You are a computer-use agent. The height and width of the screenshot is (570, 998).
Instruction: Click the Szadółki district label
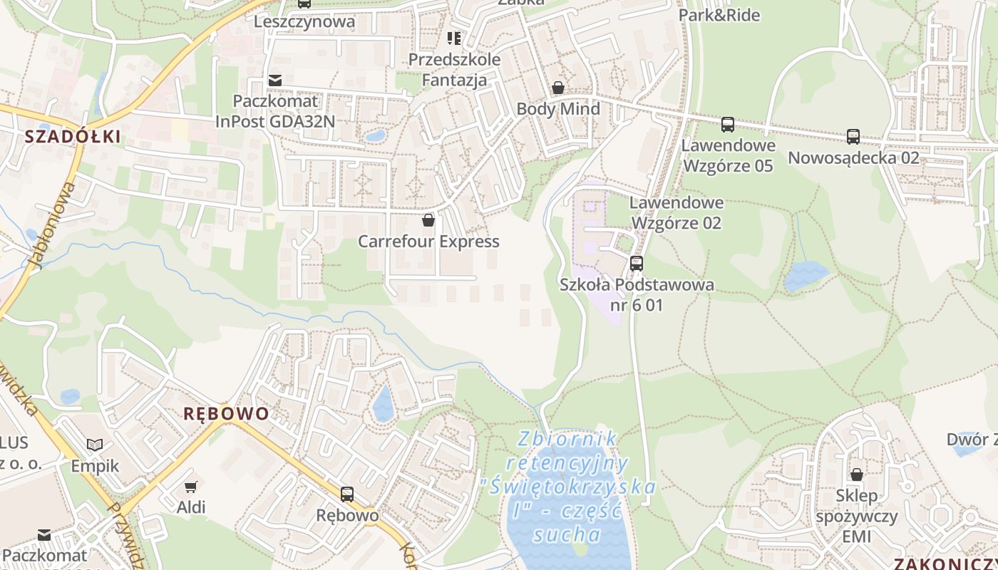click(73, 137)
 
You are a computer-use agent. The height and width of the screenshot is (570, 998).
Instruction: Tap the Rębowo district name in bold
click(227, 414)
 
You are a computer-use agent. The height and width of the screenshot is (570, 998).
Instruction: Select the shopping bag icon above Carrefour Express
click(428, 220)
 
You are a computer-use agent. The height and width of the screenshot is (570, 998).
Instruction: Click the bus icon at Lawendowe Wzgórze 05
click(727, 125)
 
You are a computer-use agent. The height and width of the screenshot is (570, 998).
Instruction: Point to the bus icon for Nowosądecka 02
click(853, 137)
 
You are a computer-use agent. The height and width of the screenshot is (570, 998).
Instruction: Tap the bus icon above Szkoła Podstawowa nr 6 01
click(637, 264)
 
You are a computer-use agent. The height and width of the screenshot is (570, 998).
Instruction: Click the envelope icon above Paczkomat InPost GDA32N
click(275, 81)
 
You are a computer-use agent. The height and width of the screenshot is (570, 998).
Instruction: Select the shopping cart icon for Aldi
click(190, 487)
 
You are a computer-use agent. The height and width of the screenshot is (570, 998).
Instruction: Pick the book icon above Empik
click(95, 445)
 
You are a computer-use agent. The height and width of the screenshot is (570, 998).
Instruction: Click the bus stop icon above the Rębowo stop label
click(347, 494)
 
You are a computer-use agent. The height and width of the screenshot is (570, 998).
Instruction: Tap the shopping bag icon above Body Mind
click(558, 88)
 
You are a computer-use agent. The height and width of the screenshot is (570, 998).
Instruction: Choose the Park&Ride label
click(719, 15)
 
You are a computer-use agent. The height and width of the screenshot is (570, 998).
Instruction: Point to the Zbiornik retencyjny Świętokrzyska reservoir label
click(568, 487)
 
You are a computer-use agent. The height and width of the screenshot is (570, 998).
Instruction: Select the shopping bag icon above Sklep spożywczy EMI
click(857, 475)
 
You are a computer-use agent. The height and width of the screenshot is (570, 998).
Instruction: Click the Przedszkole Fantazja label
click(454, 70)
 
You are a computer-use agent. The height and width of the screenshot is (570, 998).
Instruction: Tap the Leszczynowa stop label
click(304, 21)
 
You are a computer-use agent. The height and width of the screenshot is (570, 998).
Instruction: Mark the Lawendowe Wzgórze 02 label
click(677, 213)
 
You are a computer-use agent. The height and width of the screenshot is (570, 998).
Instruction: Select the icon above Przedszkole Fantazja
click(454, 38)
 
